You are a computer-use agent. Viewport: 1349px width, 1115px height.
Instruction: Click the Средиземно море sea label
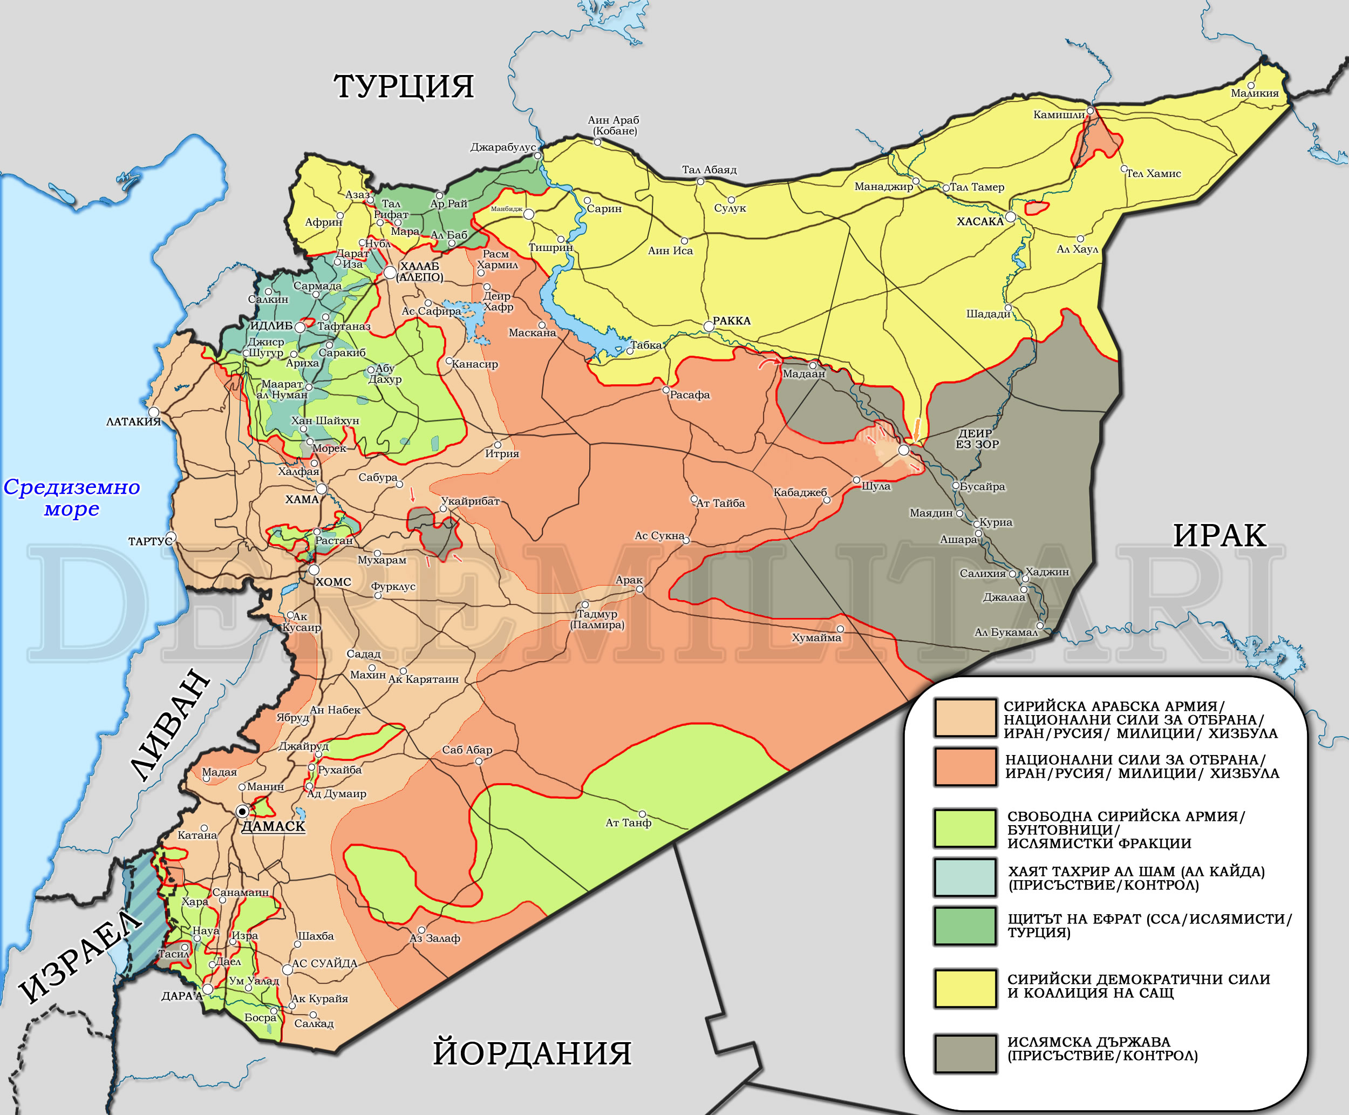coord(72,497)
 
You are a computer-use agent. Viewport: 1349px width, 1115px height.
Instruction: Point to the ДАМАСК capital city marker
coord(243,812)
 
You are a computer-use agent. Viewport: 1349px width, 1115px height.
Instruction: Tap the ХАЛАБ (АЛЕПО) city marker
coord(390,273)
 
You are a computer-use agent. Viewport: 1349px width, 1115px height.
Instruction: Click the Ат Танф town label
coord(628,823)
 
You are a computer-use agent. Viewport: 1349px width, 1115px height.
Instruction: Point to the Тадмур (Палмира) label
coord(597,619)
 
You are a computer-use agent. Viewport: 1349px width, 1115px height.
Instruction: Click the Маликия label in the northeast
coord(1255,94)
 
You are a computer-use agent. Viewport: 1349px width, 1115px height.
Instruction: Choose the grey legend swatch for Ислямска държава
coord(965,1053)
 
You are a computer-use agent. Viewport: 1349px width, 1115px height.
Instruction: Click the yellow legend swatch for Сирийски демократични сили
coord(965,988)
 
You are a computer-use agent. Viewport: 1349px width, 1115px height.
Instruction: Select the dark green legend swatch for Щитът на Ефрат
coord(965,926)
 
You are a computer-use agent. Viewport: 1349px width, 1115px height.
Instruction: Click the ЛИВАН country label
coord(170,726)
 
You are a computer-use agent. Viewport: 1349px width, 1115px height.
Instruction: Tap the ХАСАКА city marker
coord(1011,217)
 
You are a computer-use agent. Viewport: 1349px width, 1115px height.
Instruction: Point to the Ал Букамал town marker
coord(1039,626)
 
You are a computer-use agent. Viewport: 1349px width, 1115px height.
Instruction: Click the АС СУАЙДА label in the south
coord(324,963)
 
